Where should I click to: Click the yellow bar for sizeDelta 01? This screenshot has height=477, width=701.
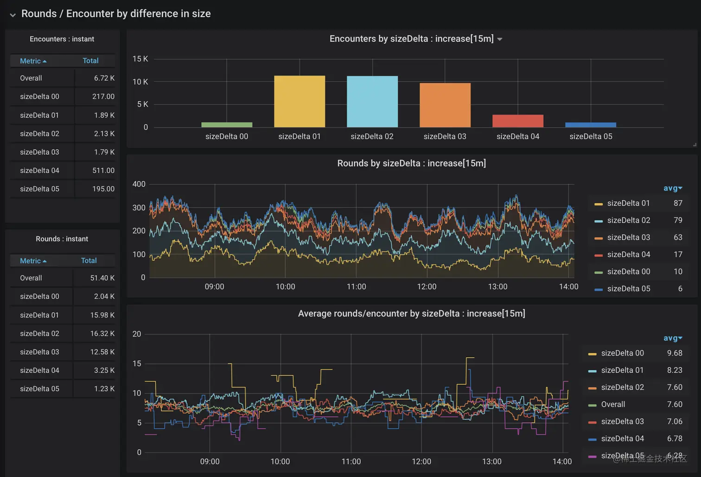[x=300, y=102]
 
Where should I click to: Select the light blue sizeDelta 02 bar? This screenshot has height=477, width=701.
[x=372, y=102]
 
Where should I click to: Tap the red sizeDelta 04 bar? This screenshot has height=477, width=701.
[x=518, y=121]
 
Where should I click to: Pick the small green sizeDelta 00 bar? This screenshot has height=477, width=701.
[x=227, y=125]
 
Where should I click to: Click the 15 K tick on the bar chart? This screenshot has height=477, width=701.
[x=140, y=59]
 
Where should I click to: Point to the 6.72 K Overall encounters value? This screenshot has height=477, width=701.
[x=104, y=78]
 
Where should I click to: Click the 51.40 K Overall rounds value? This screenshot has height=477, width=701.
[x=102, y=278]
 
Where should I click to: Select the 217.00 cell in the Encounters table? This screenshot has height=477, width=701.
[x=103, y=97]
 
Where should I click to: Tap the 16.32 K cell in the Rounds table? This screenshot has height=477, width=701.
[x=102, y=334]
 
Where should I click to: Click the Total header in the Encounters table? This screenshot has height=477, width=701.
[x=90, y=61]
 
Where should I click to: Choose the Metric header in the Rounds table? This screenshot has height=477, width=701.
[x=31, y=261]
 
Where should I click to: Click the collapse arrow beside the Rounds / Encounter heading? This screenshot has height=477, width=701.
[x=13, y=15]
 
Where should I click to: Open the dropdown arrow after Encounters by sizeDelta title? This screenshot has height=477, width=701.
[x=500, y=39]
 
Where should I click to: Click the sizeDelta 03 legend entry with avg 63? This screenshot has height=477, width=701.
[x=628, y=237]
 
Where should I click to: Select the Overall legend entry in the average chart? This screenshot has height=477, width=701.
[x=613, y=405]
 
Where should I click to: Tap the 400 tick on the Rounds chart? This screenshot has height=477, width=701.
[x=139, y=184]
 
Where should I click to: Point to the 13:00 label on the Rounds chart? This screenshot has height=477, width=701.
[x=497, y=287]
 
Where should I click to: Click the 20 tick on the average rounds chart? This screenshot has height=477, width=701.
[x=137, y=334]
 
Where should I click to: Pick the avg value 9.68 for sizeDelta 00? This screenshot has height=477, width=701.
[x=674, y=353]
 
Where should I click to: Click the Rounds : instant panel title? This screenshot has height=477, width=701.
[x=62, y=239]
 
